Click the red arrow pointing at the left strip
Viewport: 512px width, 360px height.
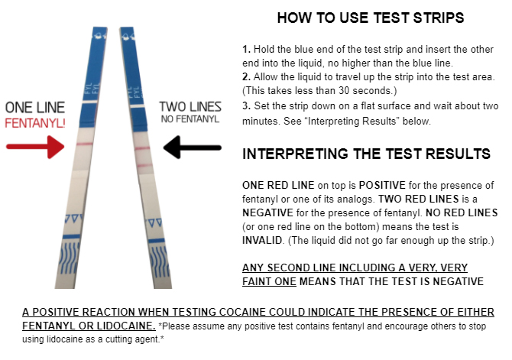point(35,147)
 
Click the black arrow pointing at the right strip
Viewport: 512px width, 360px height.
point(193,148)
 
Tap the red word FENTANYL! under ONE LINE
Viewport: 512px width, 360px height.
point(35,123)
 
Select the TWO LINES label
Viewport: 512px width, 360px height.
point(190,107)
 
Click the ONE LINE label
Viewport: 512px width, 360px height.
point(35,108)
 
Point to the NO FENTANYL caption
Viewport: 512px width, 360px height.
point(190,119)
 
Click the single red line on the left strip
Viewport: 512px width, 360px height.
point(85,144)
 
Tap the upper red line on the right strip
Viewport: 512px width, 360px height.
point(142,148)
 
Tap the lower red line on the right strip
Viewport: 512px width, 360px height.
point(144,165)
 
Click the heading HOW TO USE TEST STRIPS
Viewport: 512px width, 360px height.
point(371,18)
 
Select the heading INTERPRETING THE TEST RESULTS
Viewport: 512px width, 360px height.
point(366,154)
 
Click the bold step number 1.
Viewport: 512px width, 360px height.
point(246,50)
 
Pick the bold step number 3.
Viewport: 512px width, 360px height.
point(247,105)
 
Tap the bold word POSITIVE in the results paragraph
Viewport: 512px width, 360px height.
point(382,185)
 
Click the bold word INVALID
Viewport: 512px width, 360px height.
point(263,240)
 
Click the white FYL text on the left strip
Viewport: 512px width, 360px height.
point(92,88)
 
